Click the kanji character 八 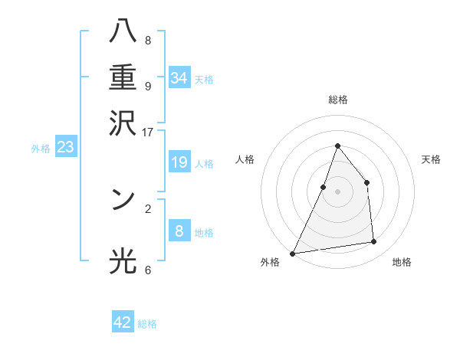coord(123,32)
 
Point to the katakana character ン coord(123,199)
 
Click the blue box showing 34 coord(179,78)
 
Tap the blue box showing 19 coord(179,162)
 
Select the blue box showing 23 coord(65,147)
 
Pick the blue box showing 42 coord(123,322)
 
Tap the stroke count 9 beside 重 coord(147,86)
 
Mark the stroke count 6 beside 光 coord(147,270)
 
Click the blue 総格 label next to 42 coord(147,324)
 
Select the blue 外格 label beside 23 coord(41,149)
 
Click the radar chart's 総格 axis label coord(337,100)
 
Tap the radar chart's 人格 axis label coord(245,159)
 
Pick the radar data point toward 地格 coord(374,242)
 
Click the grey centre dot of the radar coord(337,191)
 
